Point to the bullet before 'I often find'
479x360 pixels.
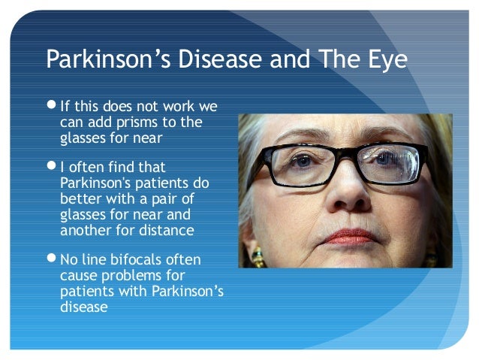point(51,167)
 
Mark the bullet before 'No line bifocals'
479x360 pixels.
point(51,260)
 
